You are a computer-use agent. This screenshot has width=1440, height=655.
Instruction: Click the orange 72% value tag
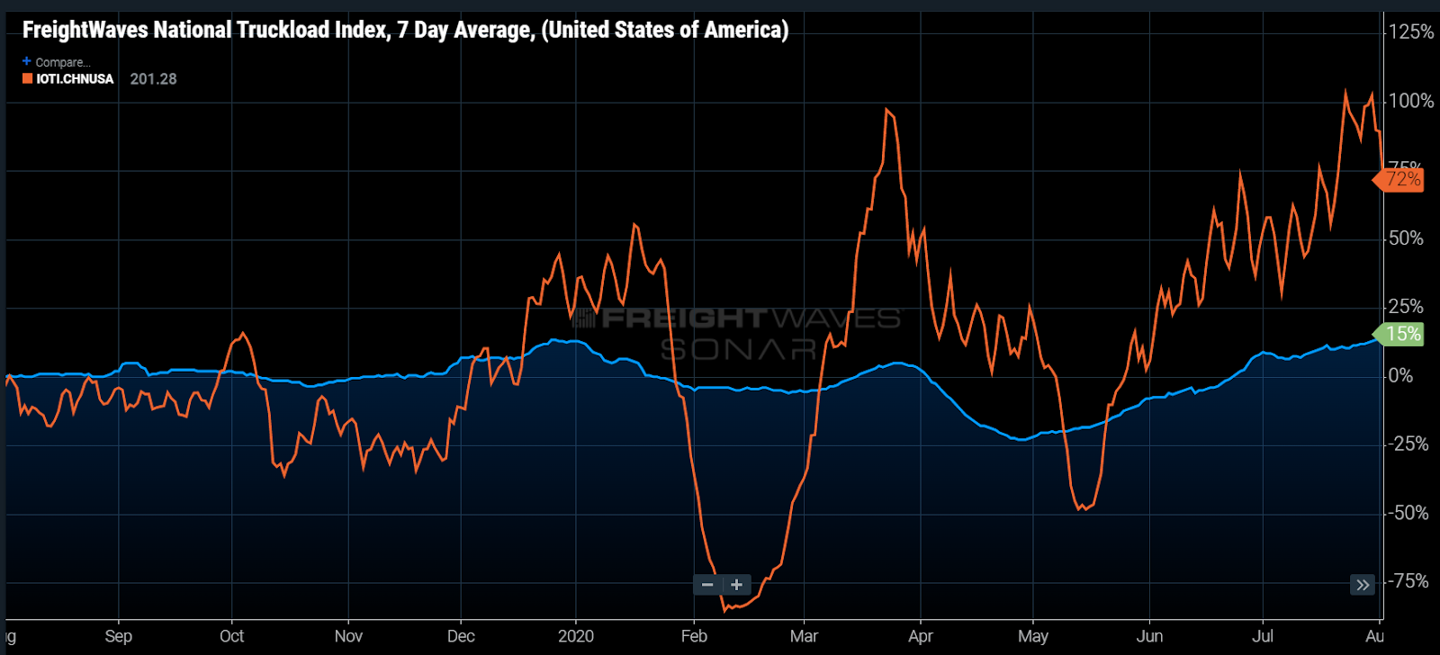click(1402, 179)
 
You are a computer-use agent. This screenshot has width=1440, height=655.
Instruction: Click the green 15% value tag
click(1402, 334)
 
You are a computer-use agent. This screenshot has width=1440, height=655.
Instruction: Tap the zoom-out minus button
click(707, 585)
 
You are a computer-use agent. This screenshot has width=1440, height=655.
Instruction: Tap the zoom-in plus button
click(736, 585)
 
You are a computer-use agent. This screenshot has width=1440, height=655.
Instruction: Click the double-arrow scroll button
click(1363, 585)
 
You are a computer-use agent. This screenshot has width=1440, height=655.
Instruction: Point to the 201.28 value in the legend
click(153, 79)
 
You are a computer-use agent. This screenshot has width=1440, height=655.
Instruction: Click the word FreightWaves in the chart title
click(85, 30)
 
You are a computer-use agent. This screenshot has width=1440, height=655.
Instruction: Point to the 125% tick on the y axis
click(1410, 32)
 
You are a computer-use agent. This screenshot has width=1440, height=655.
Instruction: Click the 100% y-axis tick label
click(1410, 101)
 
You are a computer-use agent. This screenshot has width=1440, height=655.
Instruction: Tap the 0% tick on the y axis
click(1400, 375)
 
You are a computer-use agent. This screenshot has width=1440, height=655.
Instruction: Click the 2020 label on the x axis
click(575, 636)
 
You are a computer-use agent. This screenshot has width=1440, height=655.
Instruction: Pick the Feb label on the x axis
click(694, 636)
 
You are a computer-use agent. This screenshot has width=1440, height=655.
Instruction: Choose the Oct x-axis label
click(231, 636)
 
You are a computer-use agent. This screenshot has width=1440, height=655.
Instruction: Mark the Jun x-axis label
click(1149, 636)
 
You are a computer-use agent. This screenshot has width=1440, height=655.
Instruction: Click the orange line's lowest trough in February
click(724, 610)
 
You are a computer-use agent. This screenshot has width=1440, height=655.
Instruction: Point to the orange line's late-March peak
click(886, 110)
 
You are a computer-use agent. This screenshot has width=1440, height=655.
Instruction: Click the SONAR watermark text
click(738, 349)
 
